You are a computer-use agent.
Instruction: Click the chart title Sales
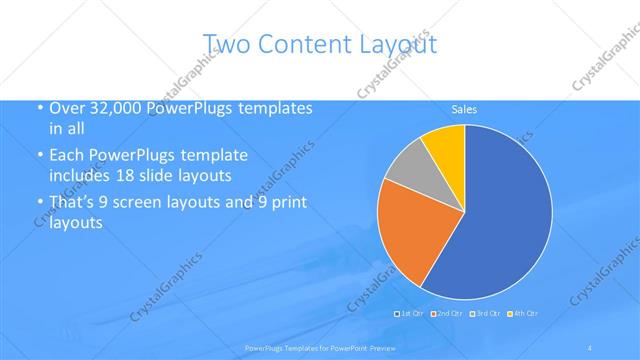464,109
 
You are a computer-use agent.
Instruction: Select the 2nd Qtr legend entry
448,313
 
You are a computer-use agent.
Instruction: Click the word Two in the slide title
226,43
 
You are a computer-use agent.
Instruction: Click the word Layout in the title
398,43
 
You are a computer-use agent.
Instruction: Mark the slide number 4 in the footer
590,347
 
